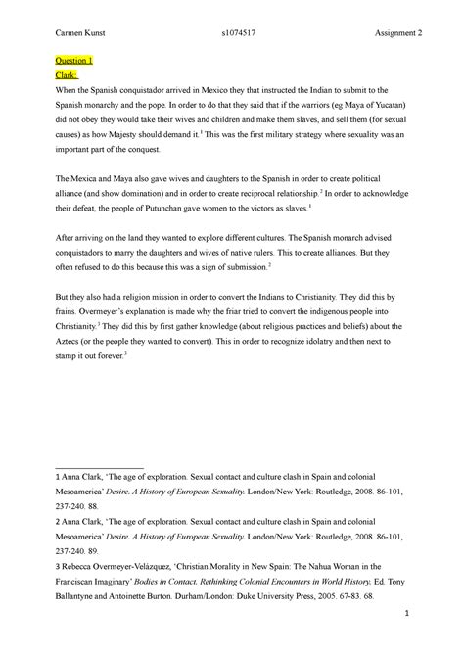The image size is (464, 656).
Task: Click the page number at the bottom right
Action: pos(404,640)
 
